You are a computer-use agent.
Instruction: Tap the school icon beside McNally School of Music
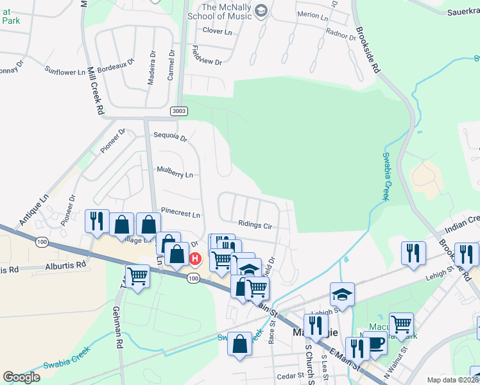[x=261, y=10]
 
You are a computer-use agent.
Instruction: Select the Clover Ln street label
[x=216, y=31]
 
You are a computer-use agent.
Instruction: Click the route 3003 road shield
[x=180, y=112]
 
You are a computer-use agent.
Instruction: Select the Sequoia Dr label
[x=170, y=137]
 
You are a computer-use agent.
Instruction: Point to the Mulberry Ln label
[x=175, y=174]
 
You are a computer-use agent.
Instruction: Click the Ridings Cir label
[x=255, y=226]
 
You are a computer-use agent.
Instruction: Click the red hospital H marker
[x=195, y=259]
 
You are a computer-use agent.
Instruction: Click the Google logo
[x=21, y=377]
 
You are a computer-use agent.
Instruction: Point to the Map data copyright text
[x=453, y=380]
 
